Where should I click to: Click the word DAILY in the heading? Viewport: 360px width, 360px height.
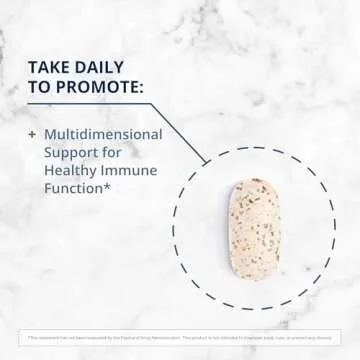point(100,67)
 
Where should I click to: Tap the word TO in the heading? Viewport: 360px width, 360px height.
point(40,87)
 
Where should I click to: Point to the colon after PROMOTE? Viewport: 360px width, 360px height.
point(142,87)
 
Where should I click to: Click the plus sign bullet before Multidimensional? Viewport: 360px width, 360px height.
point(32,133)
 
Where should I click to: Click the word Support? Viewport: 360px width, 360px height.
point(71,151)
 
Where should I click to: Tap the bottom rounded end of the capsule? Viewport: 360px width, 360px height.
point(254,273)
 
